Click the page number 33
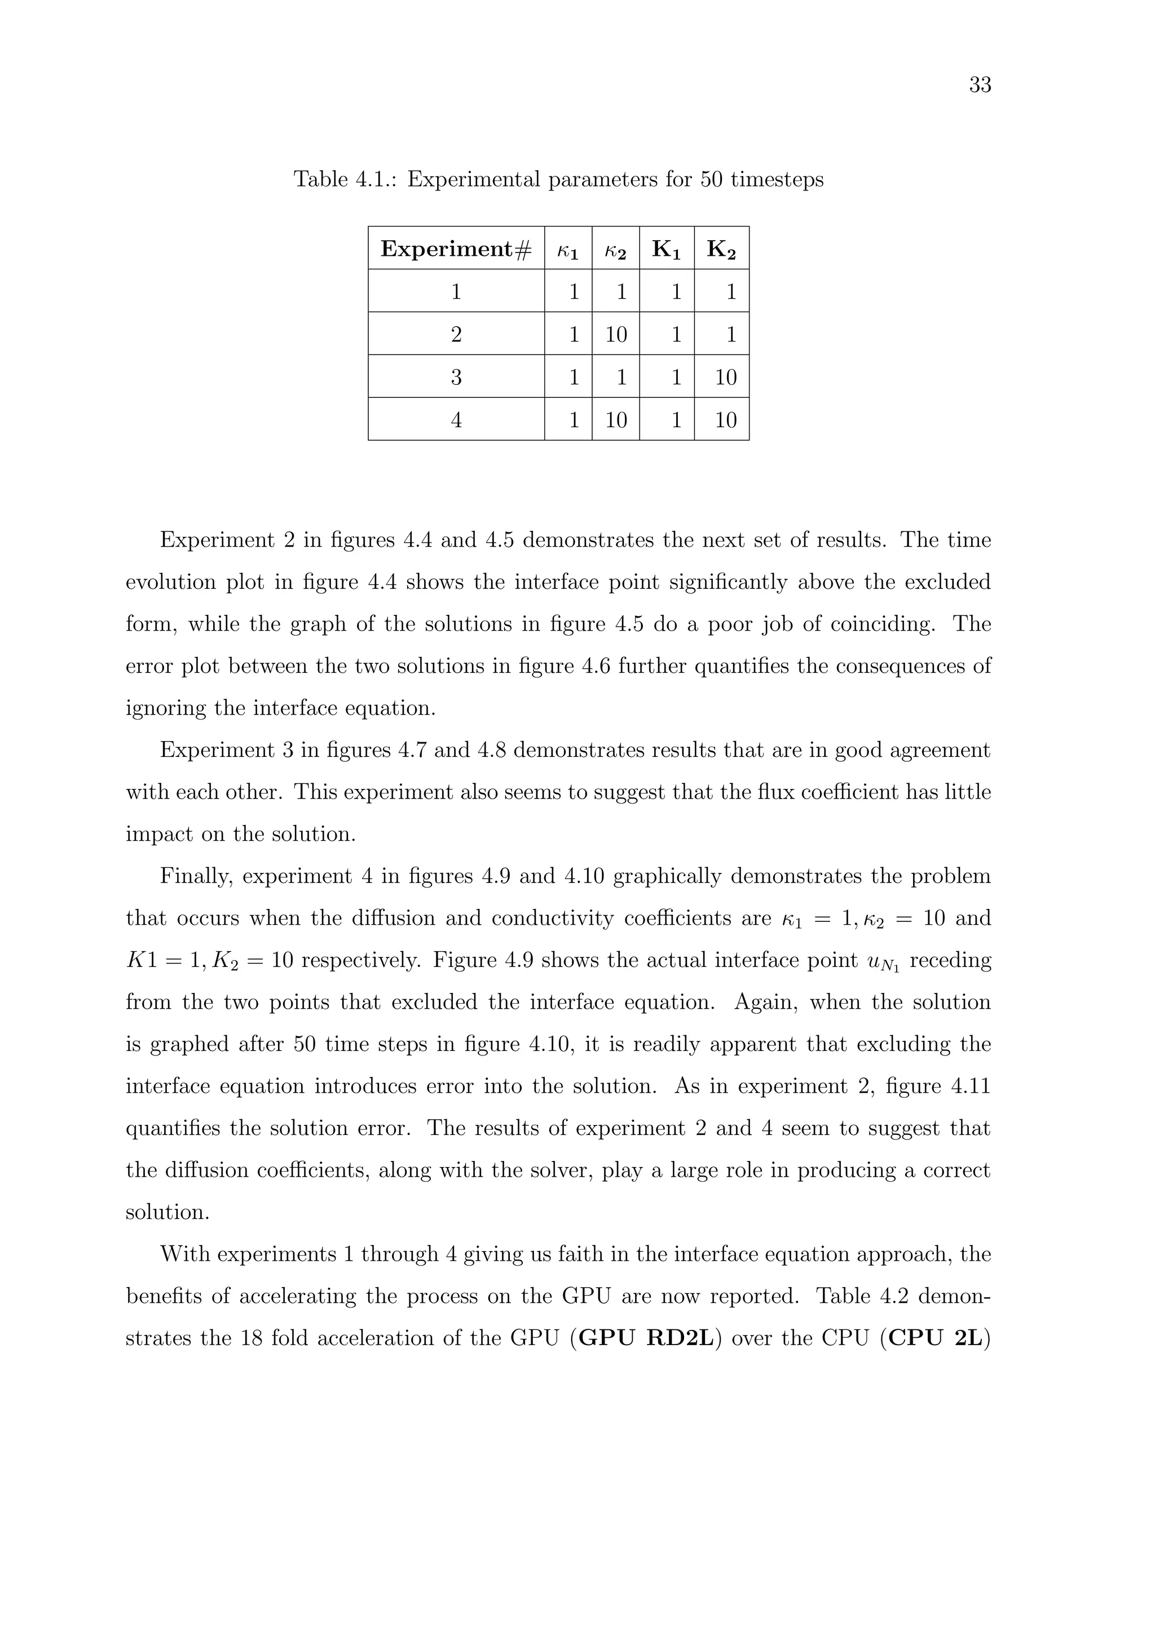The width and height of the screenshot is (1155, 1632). [x=980, y=85]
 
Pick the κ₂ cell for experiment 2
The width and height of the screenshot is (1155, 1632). [x=616, y=334]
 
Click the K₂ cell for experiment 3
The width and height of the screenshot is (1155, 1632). [x=725, y=377]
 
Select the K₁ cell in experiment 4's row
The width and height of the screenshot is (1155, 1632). [x=676, y=420]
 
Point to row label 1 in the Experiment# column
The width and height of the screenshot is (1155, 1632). [x=456, y=291]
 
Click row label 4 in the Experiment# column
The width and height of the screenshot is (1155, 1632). [x=456, y=420]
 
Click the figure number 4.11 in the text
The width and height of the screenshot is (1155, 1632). [x=970, y=1086]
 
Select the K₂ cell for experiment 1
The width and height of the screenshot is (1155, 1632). [x=730, y=291]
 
